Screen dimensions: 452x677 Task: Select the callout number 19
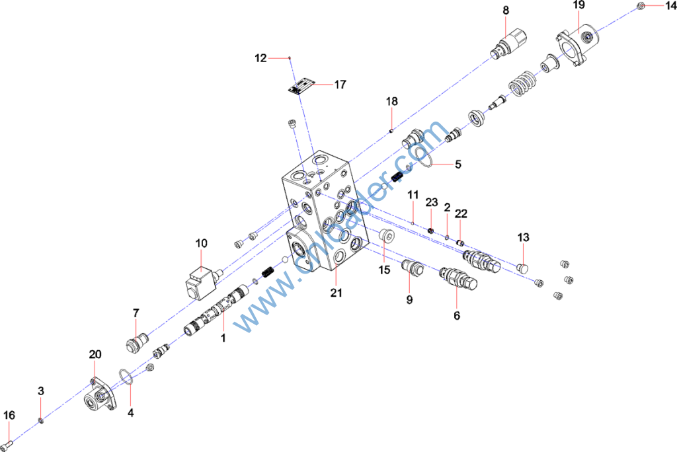click(x=578, y=5)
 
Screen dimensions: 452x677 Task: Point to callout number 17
click(x=340, y=85)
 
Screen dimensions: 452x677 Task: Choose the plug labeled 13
click(x=522, y=266)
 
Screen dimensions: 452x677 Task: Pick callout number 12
click(x=260, y=58)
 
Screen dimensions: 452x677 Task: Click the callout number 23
click(x=432, y=202)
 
